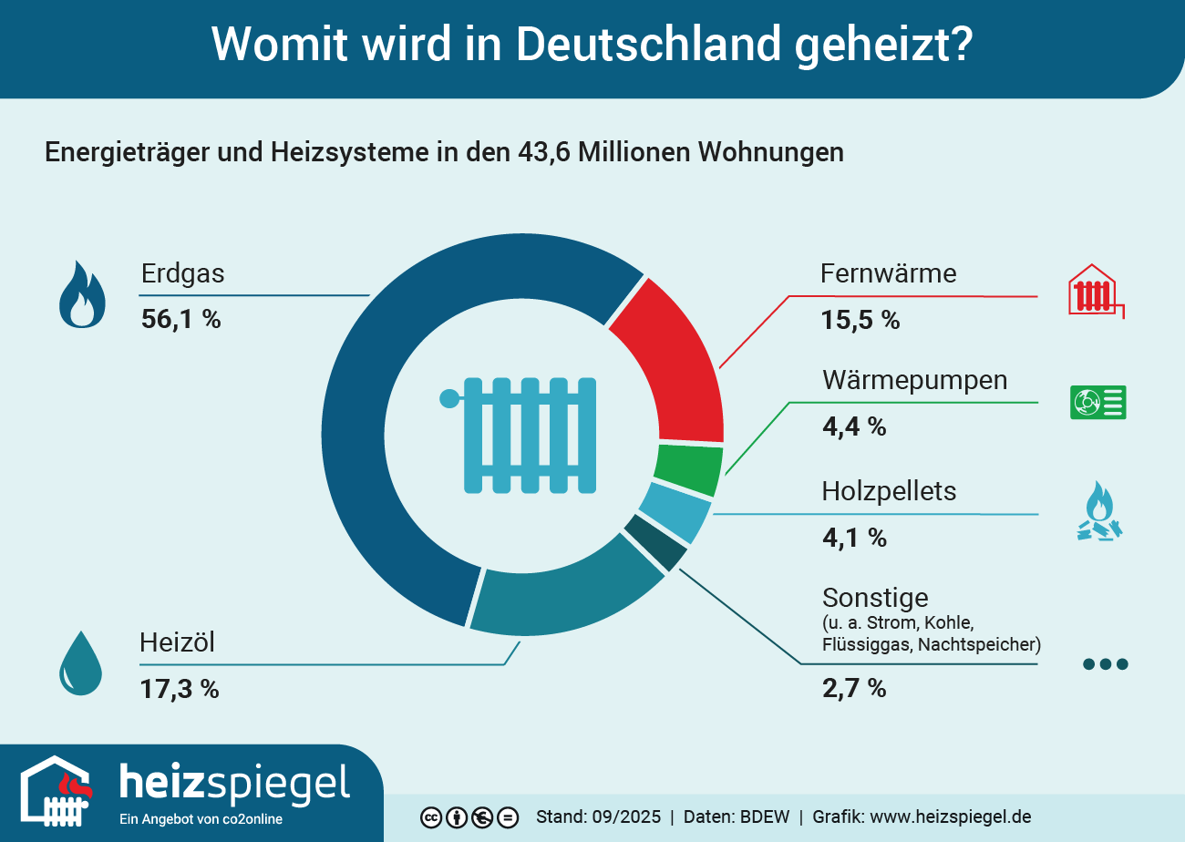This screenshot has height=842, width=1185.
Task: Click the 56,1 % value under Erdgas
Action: pyautogui.click(x=180, y=319)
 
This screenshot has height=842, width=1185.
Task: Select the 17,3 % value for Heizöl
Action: pyautogui.click(x=179, y=688)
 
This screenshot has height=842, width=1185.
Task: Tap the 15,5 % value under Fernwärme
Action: pyautogui.click(x=860, y=320)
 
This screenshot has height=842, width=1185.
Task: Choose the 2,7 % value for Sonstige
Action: pyautogui.click(x=854, y=687)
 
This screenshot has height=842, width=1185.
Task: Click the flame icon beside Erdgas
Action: pyautogui.click(x=82, y=294)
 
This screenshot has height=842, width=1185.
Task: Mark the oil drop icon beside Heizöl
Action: pyautogui.click(x=80, y=662)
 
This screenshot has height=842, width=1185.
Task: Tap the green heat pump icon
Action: pyautogui.click(x=1097, y=402)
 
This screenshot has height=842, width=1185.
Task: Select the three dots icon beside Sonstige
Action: pyautogui.click(x=1105, y=664)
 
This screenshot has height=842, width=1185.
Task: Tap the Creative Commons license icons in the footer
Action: pyautogui.click(x=469, y=817)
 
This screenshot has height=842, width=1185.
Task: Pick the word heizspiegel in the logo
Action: pyautogui.click(x=234, y=783)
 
